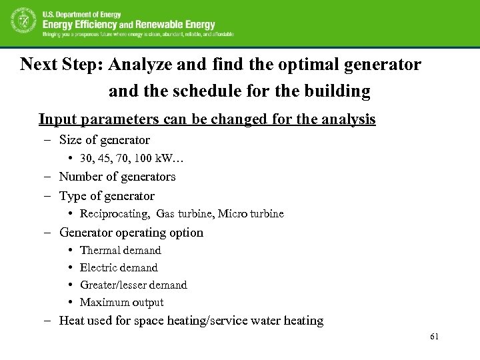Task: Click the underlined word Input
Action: [x=55, y=119]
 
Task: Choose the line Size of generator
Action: [x=104, y=140]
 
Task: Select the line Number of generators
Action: [x=117, y=177]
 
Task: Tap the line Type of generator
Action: [x=107, y=196]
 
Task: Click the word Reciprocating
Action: [x=115, y=214]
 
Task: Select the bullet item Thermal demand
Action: [x=120, y=251]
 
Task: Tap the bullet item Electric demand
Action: [x=119, y=268]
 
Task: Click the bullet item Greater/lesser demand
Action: [x=133, y=285]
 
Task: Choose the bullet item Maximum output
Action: [x=121, y=303]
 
